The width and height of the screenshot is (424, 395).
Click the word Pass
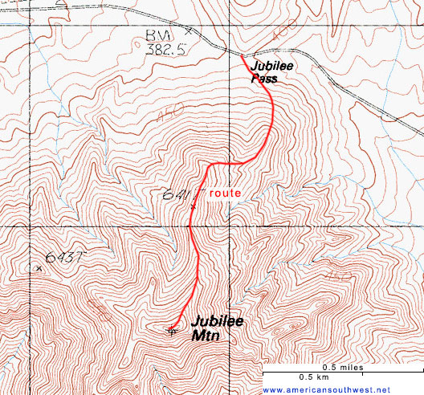click(x=264, y=79)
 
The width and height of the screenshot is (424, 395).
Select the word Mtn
click(x=206, y=336)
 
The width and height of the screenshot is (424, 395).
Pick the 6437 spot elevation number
click(x=64, y=258)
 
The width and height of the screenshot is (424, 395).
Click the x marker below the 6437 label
click(x=39, y=268)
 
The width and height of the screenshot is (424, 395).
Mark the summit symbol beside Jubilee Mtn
click(x=172, y=328)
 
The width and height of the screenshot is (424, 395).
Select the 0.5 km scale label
click(x=313, y=377)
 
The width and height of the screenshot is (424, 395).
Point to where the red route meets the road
click(x=242, y=55)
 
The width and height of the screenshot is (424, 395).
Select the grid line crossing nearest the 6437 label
click(x=30, y=226)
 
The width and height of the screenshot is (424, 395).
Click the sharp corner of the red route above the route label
click(x=210, y=165)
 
